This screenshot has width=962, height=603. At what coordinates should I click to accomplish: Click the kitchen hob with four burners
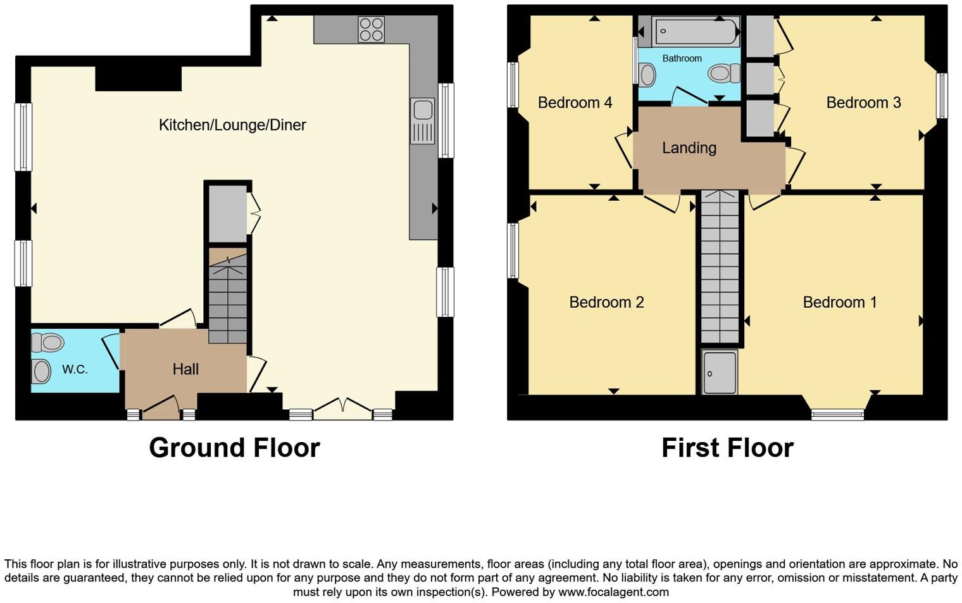point(371,29)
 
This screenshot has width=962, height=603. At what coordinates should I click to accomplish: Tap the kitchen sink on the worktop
point(422,120)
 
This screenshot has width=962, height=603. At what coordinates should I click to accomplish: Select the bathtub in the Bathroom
point(696,31)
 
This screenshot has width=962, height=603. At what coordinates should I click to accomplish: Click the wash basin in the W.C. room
point(42,371)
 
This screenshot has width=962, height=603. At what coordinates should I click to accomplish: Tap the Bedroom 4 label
point(575,103)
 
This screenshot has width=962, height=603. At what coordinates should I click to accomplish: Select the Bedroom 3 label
point(863,103)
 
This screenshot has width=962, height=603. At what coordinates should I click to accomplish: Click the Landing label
point(689,148)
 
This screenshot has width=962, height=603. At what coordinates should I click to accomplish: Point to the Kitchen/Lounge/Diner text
point(232,125)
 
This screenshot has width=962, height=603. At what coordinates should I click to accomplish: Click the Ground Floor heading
point(234,448)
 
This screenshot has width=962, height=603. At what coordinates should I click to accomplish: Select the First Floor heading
point(727,448)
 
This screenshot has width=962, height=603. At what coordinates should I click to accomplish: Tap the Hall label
point(185,369)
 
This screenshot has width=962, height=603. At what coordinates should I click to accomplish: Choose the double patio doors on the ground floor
point(342,408)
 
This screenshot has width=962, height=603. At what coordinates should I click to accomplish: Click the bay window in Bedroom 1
point(838,414)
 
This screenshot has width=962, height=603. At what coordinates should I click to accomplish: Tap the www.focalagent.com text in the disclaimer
point(612,592)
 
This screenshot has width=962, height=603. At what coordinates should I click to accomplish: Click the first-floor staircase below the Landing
point(720,266)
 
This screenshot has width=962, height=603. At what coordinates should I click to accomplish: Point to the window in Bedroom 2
point(513,250)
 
